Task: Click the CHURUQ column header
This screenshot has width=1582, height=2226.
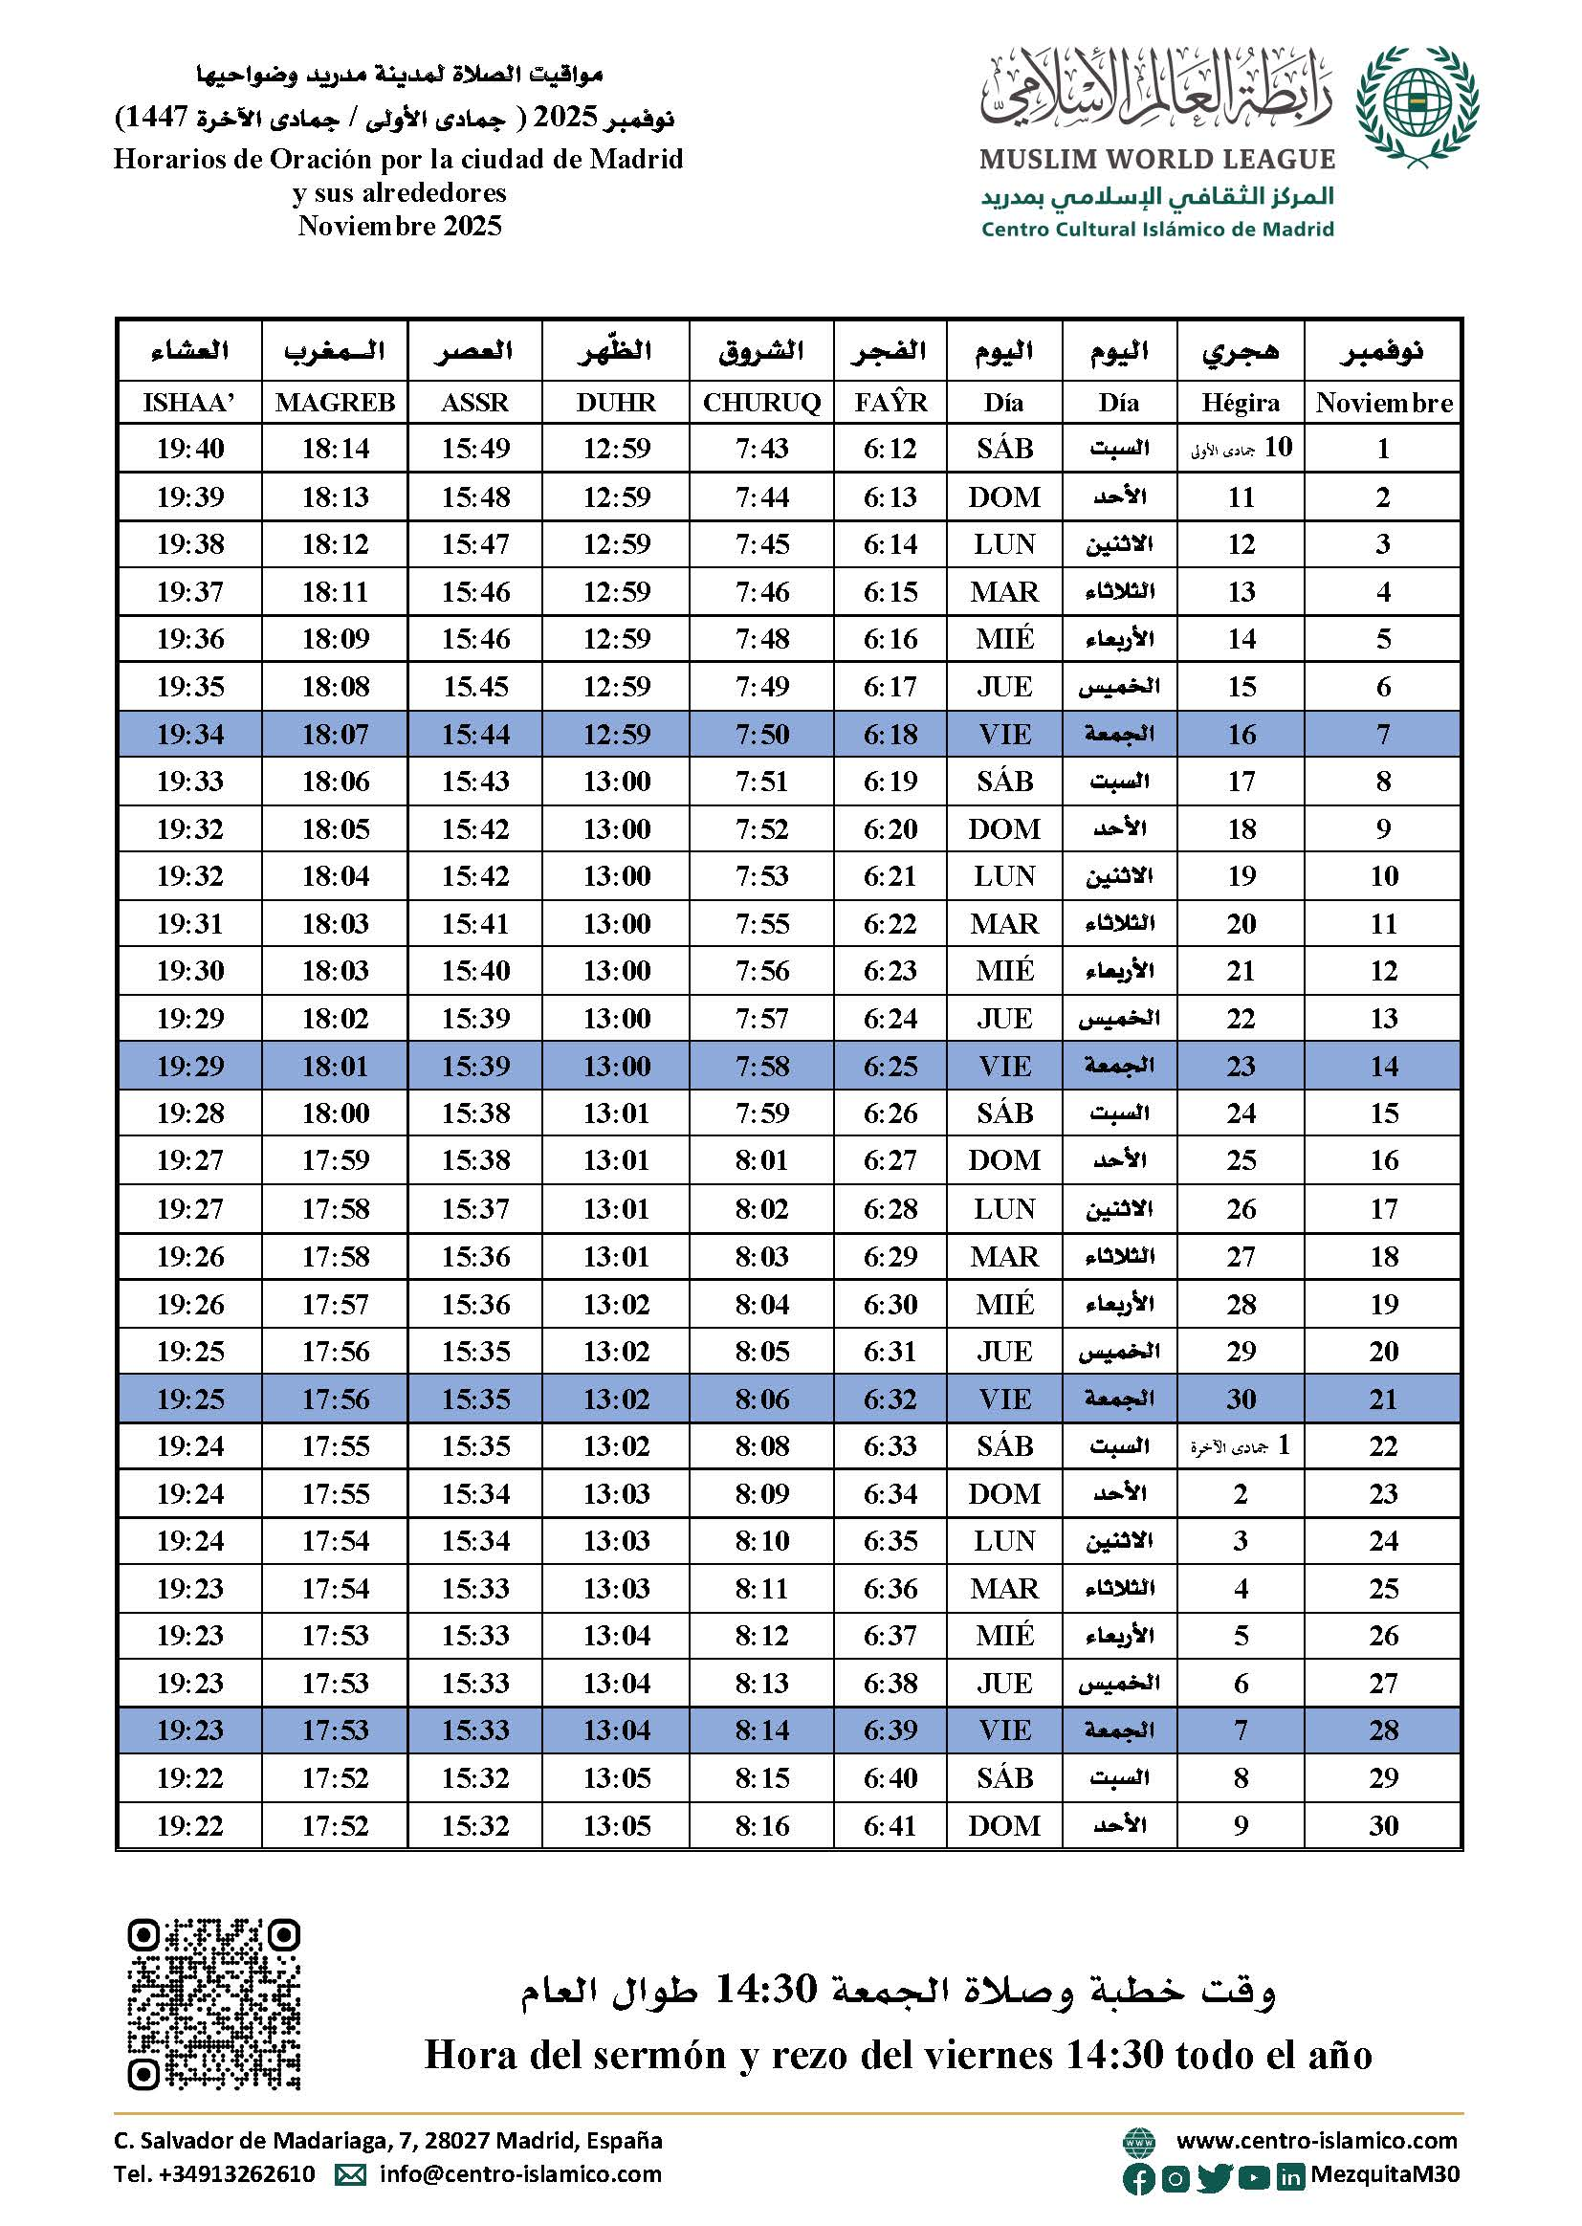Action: point(761,403)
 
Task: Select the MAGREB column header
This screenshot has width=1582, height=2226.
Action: point(335,403)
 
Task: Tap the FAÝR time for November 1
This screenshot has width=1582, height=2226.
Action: point(890,449)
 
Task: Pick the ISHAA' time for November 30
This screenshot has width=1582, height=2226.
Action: point(190,1825)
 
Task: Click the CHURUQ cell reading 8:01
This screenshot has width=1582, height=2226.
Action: point(761,1160)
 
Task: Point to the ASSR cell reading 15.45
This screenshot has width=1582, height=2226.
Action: point(475,687)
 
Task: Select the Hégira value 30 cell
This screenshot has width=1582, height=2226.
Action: point(1241,1399)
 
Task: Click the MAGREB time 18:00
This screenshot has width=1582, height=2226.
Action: point(335,1113)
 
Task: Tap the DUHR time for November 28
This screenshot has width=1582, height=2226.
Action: point(616,1731)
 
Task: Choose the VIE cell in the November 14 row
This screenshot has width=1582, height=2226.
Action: point(1003,1066)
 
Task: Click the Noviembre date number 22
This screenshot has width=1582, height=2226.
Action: point(1383,1446)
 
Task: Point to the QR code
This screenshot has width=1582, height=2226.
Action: point(213,2004)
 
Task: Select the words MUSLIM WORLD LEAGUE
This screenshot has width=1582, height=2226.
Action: point(1156,160)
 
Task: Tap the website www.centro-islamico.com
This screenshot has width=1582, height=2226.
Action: point(1316,2140)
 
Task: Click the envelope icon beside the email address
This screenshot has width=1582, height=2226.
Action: point(350,2174)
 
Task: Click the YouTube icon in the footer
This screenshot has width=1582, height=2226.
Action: point(1254,2176)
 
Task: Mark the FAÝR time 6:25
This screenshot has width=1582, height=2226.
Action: point(890,1066)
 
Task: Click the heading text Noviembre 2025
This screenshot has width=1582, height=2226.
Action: point(400,226)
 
